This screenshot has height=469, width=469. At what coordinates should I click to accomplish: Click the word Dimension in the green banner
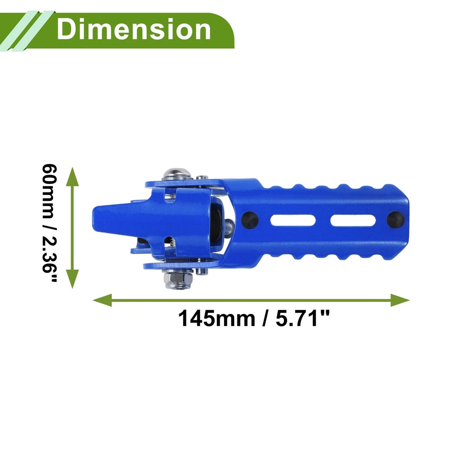[134, 30]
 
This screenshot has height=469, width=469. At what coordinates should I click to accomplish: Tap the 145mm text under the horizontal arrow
[216, 318]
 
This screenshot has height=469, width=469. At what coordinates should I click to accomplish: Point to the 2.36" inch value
[50, 260]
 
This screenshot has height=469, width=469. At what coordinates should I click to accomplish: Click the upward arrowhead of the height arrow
[72, 176]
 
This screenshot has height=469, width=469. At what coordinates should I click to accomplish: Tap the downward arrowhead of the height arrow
[72, 279]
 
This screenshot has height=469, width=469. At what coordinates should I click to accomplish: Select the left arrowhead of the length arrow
[102, 300]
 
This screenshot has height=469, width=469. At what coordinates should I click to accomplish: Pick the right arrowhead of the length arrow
[400, 300]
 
